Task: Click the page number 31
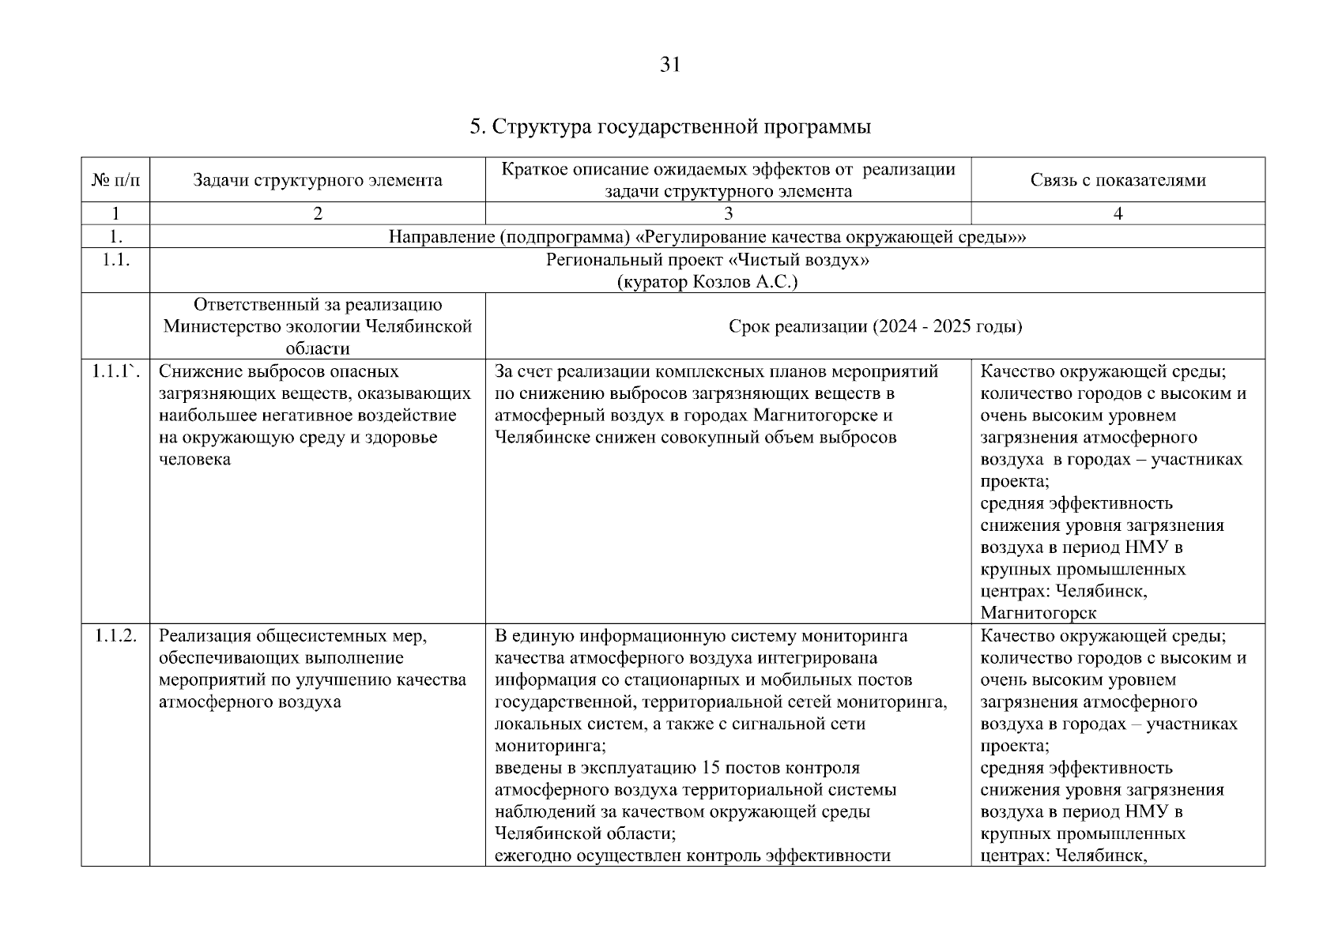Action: (669, 65)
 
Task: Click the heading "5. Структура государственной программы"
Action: (670, 127)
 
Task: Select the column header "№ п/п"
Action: (115, 180)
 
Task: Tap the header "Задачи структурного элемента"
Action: (317, 180)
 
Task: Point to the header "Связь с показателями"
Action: (1118, 180)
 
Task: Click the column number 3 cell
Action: (728, 213)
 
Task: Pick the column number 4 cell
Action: (1118, 213)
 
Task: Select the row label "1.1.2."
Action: (116, 636)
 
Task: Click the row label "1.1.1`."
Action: (115, 371)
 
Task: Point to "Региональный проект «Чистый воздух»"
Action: (707, 260)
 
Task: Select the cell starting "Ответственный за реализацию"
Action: (317, 326)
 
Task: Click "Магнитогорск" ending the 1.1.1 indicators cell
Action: (1038, 613)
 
